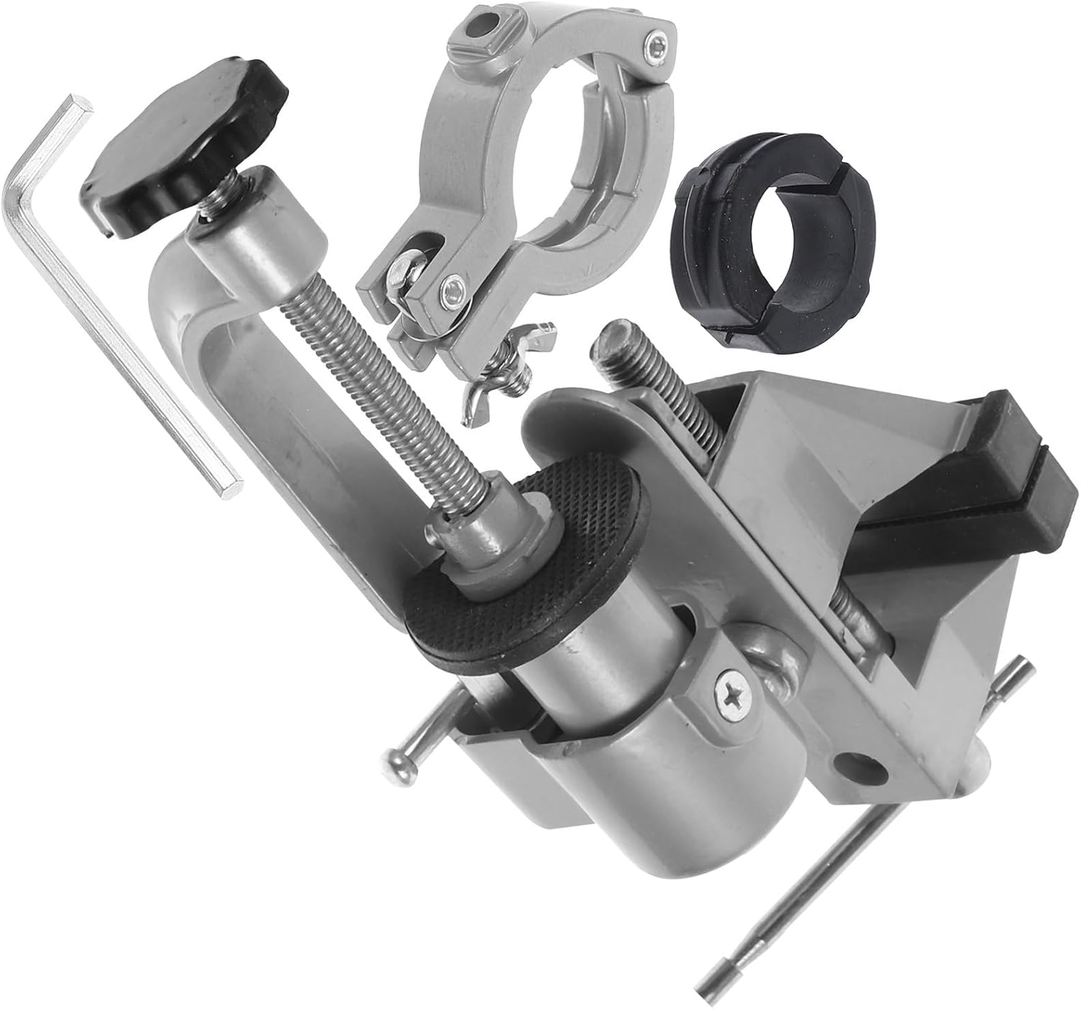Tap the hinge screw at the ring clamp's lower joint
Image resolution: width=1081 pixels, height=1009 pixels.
[x=453, y=288]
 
